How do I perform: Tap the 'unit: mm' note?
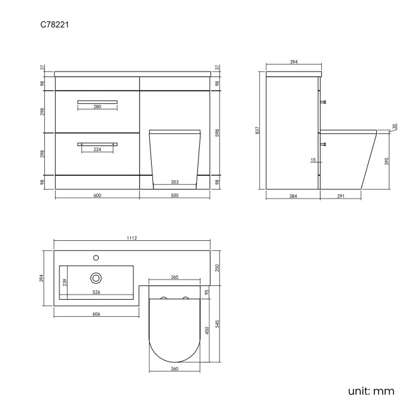point(371,391)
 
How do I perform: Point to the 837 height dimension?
point(258,130)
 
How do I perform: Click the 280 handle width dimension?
point(97,107)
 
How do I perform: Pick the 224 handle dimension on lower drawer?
point(97,150)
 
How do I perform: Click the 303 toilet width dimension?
point(175,182)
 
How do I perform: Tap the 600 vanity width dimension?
point(97,195)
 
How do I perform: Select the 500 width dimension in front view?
point(175,195)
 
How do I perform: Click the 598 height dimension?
point(217,132)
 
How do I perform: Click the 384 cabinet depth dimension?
point(293,197)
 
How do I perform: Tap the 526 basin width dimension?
point(96,292)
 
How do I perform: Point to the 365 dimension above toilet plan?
point(175,277)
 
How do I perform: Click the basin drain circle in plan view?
point(96,277)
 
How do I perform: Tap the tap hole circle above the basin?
point(96,257)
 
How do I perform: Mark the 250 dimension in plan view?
point(217,267)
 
